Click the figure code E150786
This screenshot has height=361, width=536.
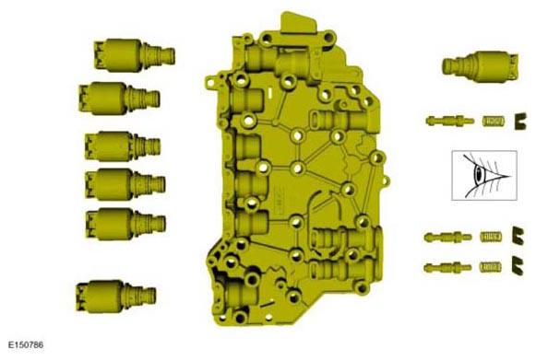(26, 345)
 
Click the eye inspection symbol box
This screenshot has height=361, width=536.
(484, 175)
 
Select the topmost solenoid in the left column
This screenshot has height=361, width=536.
(135, 55)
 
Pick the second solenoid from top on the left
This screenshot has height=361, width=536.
(119, 98)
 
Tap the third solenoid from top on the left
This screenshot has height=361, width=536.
(123, 146)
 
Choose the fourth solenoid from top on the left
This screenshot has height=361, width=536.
(125, 184)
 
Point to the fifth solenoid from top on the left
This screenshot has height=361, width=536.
(125, 224)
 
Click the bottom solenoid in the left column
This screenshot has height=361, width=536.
(116, 297)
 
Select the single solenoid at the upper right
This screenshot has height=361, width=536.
(481, 66)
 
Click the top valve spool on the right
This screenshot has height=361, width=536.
(450, 121)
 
